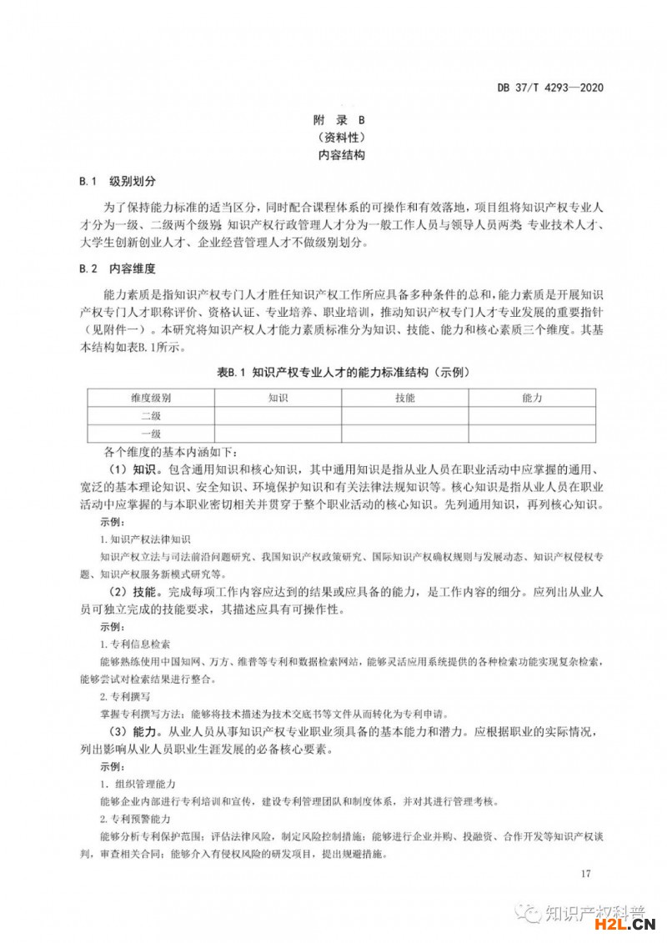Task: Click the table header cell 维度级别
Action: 151,398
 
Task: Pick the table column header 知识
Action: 278,398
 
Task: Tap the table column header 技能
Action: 405,398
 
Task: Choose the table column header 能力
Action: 532,398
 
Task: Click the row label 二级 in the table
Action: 151,415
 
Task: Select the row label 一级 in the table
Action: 151,434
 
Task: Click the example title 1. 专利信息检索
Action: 135,644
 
